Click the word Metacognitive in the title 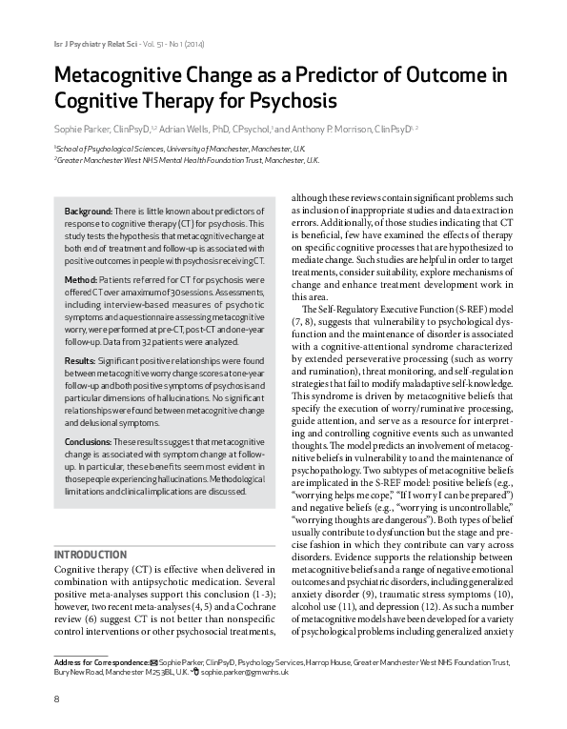tap(116, 75)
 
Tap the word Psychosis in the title tap(291, 100)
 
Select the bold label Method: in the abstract tap(82, 279)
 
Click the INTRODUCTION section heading tap(91, 554)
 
